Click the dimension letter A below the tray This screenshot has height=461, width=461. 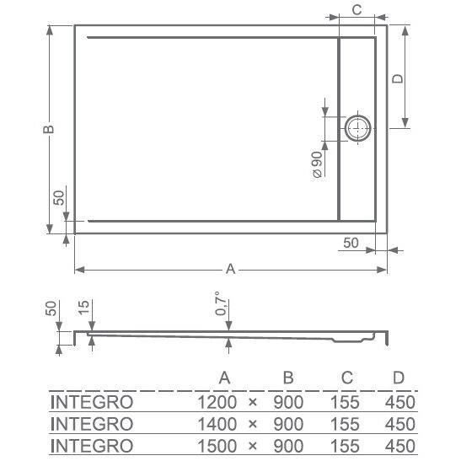click(x=231, y=269)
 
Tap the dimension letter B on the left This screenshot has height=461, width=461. click(x=49, y=129)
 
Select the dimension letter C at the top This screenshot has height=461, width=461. click(x=356, y=10)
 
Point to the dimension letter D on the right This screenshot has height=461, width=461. click(x=398, y=78)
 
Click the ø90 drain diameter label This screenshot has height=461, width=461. click(x=318, y=164)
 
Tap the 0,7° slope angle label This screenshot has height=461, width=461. click(x=221, y=303)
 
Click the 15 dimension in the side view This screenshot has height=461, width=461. click(x=83, y=308)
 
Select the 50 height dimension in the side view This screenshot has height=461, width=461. click(x=51, y=308)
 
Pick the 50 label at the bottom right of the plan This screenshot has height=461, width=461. click(x=351, y=243)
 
